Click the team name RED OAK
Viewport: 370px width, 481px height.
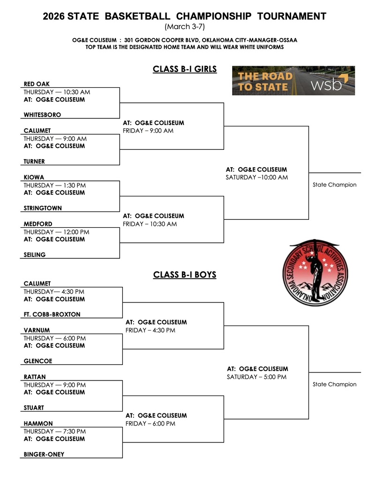coord(37,84)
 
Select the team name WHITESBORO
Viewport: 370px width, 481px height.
coord(42,115)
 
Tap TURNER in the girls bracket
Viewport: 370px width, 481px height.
coord(34,162)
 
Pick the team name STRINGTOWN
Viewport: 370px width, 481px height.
coord(43,208)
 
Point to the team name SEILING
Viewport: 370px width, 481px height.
coord(34,255)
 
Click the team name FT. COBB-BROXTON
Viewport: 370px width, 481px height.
coord(52,315)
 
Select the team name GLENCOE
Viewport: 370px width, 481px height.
coord(38,361)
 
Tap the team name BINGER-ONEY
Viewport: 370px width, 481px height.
coord(44,454)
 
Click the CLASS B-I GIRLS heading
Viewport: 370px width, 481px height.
coord(185,70)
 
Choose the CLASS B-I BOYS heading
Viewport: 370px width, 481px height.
coord(185,275)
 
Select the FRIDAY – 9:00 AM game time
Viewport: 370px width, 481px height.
coord(148,131)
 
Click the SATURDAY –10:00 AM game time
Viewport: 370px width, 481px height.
coord(257,178)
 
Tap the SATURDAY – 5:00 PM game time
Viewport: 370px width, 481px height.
coord(257,377)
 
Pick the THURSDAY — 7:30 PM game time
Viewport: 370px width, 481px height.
coord(55,431)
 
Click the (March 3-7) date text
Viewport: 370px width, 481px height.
coord(185,27)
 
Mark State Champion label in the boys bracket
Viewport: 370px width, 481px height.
coord(334,384)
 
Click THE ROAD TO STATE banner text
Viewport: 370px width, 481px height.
coord(264,81)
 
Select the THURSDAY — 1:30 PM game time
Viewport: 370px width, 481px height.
coord(55,185)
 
